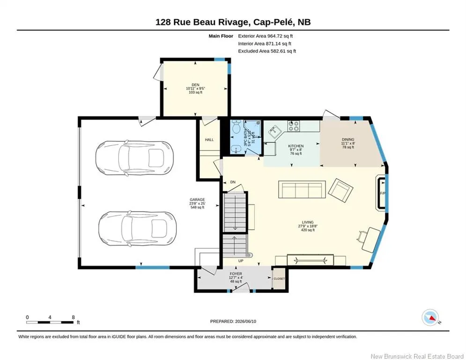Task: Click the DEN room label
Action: pyautogui.click(x=196, y=85)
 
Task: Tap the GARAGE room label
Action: pyautogui.click(x=197, y=200)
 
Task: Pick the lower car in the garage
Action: pyautogui.click(x=137, y=228)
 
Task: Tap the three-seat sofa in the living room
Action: pyautogui.click(x=302, y=189)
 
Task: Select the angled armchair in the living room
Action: pyautogui.click(x=340, y=190)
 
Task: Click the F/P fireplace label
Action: pyautogui.click(x=383, y=193)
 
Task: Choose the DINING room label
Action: pyautogui.click(x=348, y=139)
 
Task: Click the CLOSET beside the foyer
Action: pyautogui.click(x=279, y=279)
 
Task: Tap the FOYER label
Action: pyautogui.click(x=236, y=274)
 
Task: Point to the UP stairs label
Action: pyautogui.click(x=241, y=261)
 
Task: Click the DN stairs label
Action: pyautogui.click(x=233, y=182)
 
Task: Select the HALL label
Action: pyautogui.click(x=209, y=140)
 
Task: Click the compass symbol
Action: pyautogui.click(x=430, y=317)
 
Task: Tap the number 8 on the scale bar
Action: pyautogui.click(x=73, y=317)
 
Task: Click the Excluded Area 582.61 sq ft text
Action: pyautogui.click(x=267, y=51)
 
